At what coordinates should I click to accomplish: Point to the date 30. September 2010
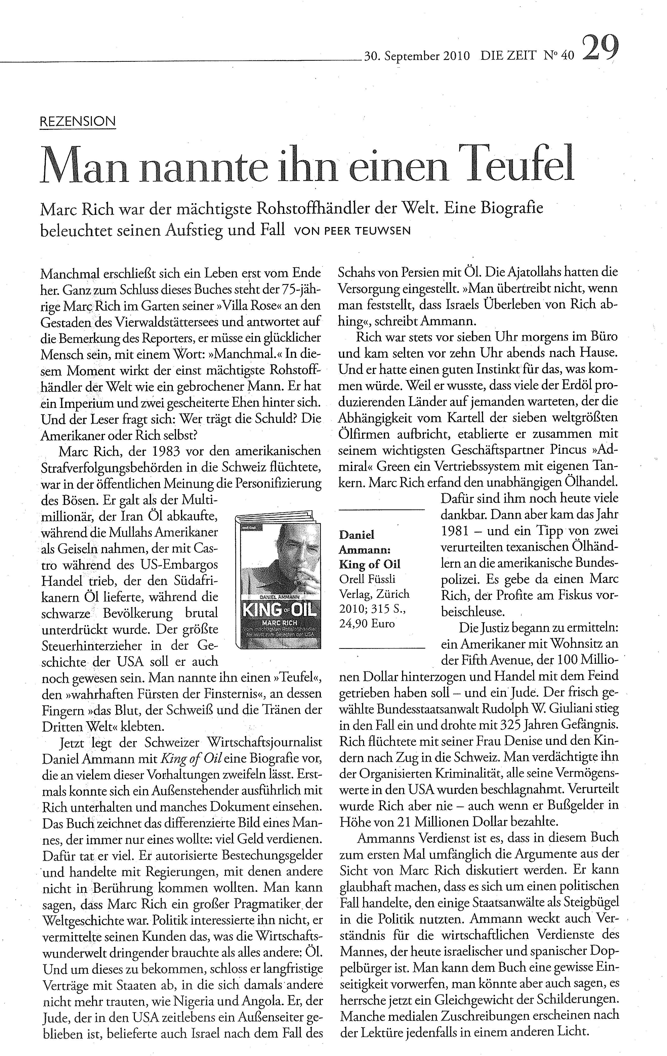coord(417,56)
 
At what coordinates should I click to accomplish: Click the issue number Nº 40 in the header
coord(558,56)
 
